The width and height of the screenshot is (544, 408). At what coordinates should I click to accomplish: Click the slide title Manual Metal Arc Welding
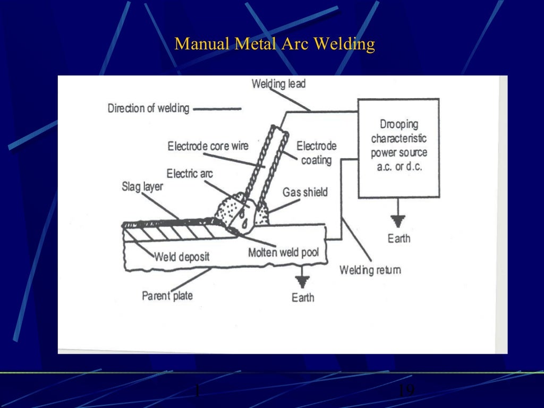click(275, 44)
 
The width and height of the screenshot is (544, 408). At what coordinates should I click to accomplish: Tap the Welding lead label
click(278, 84)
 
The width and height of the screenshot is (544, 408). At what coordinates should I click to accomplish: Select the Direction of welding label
click(148, 108)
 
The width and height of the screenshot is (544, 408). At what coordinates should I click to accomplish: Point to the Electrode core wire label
click(208, 146)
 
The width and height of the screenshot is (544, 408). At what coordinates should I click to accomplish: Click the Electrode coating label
click(316, 152)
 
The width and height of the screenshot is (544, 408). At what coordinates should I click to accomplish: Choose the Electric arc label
click(190, 174)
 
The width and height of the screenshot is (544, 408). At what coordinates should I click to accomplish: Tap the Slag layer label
click(142, 187)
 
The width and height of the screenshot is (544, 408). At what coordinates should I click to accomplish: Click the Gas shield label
click(305, 192)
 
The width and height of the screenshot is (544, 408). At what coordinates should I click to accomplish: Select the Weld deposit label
click(182, 257)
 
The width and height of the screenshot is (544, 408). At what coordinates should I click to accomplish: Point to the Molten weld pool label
click(283, 252)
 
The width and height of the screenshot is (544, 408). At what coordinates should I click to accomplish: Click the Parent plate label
click(167, 295)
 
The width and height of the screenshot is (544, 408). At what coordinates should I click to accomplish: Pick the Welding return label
click(370, 270)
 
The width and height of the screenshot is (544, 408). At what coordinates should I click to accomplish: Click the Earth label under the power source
click(398, 238)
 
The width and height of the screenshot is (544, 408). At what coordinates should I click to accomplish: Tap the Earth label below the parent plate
click(303, 297)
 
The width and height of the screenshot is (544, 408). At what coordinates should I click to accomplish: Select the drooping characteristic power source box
click(398, 148)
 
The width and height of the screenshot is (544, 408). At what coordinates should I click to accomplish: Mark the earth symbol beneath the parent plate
click(303, 280)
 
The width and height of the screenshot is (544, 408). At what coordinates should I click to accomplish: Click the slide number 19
click(405, 391)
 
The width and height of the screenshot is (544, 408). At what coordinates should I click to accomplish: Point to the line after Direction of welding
click(217, 109)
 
